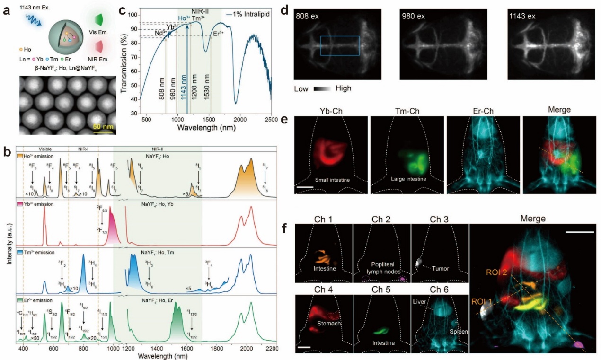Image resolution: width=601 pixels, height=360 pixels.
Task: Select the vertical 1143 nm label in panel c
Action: (186, 85)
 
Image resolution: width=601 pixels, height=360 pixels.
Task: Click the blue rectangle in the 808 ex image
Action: (340, 46)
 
